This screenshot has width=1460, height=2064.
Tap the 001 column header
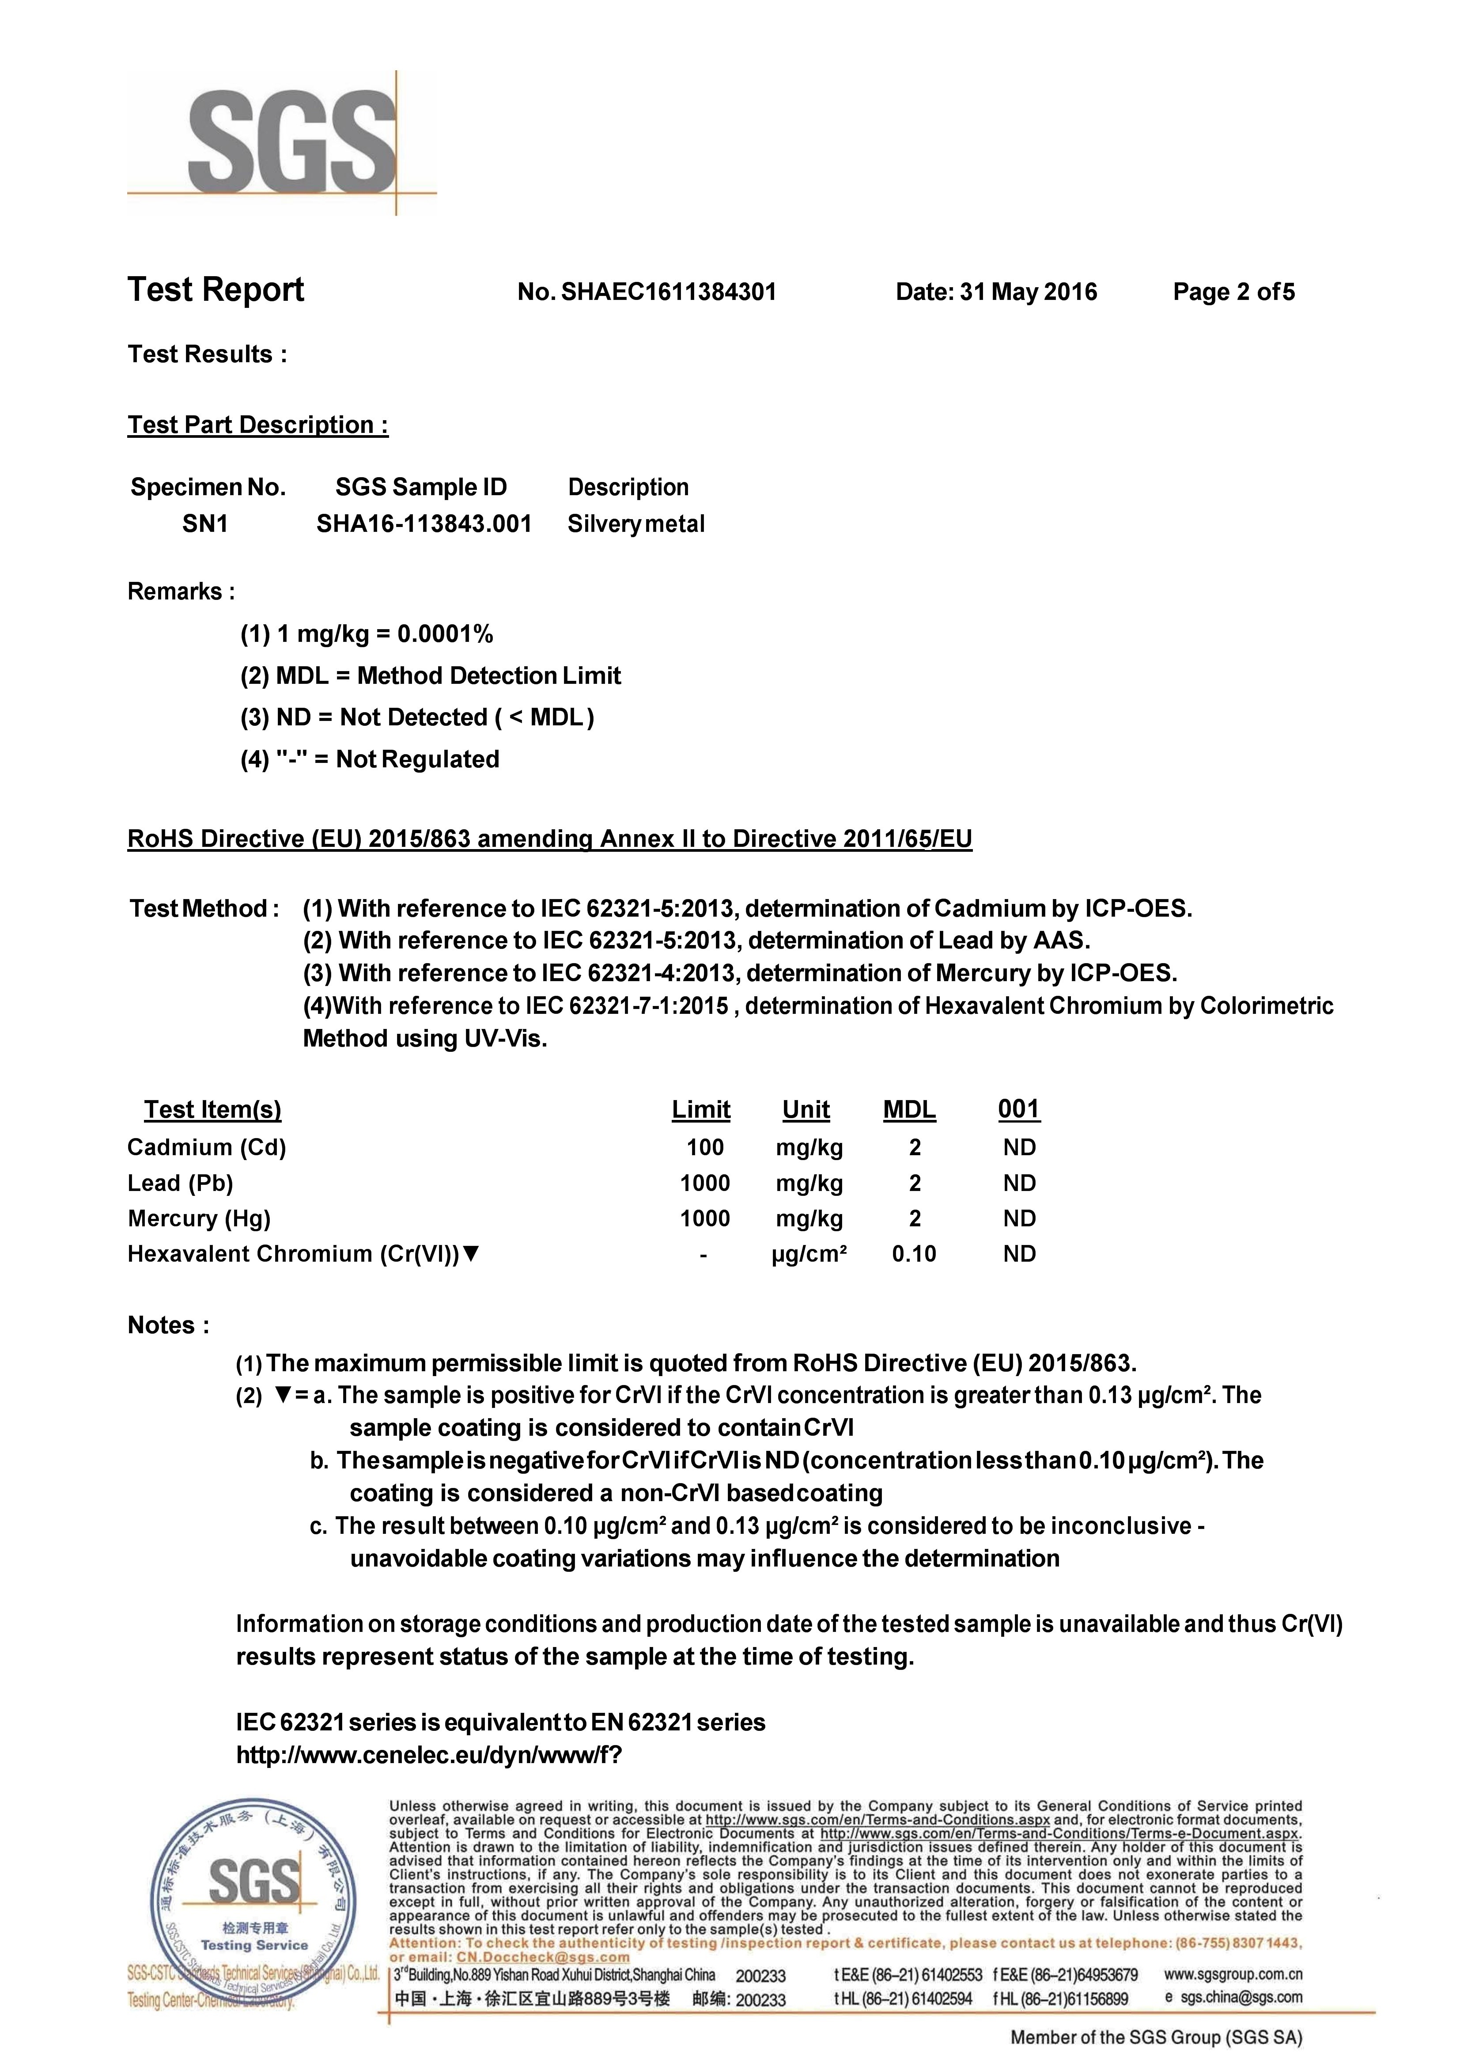[1018, 1110]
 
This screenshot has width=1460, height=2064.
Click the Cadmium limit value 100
[705, 1148]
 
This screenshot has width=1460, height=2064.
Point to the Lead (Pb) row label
[180, 1184]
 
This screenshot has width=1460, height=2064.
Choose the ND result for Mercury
[1019, 1218]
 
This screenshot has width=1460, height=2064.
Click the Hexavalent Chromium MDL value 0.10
[913, 1254]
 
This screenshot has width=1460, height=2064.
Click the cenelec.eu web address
[429, 1755]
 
